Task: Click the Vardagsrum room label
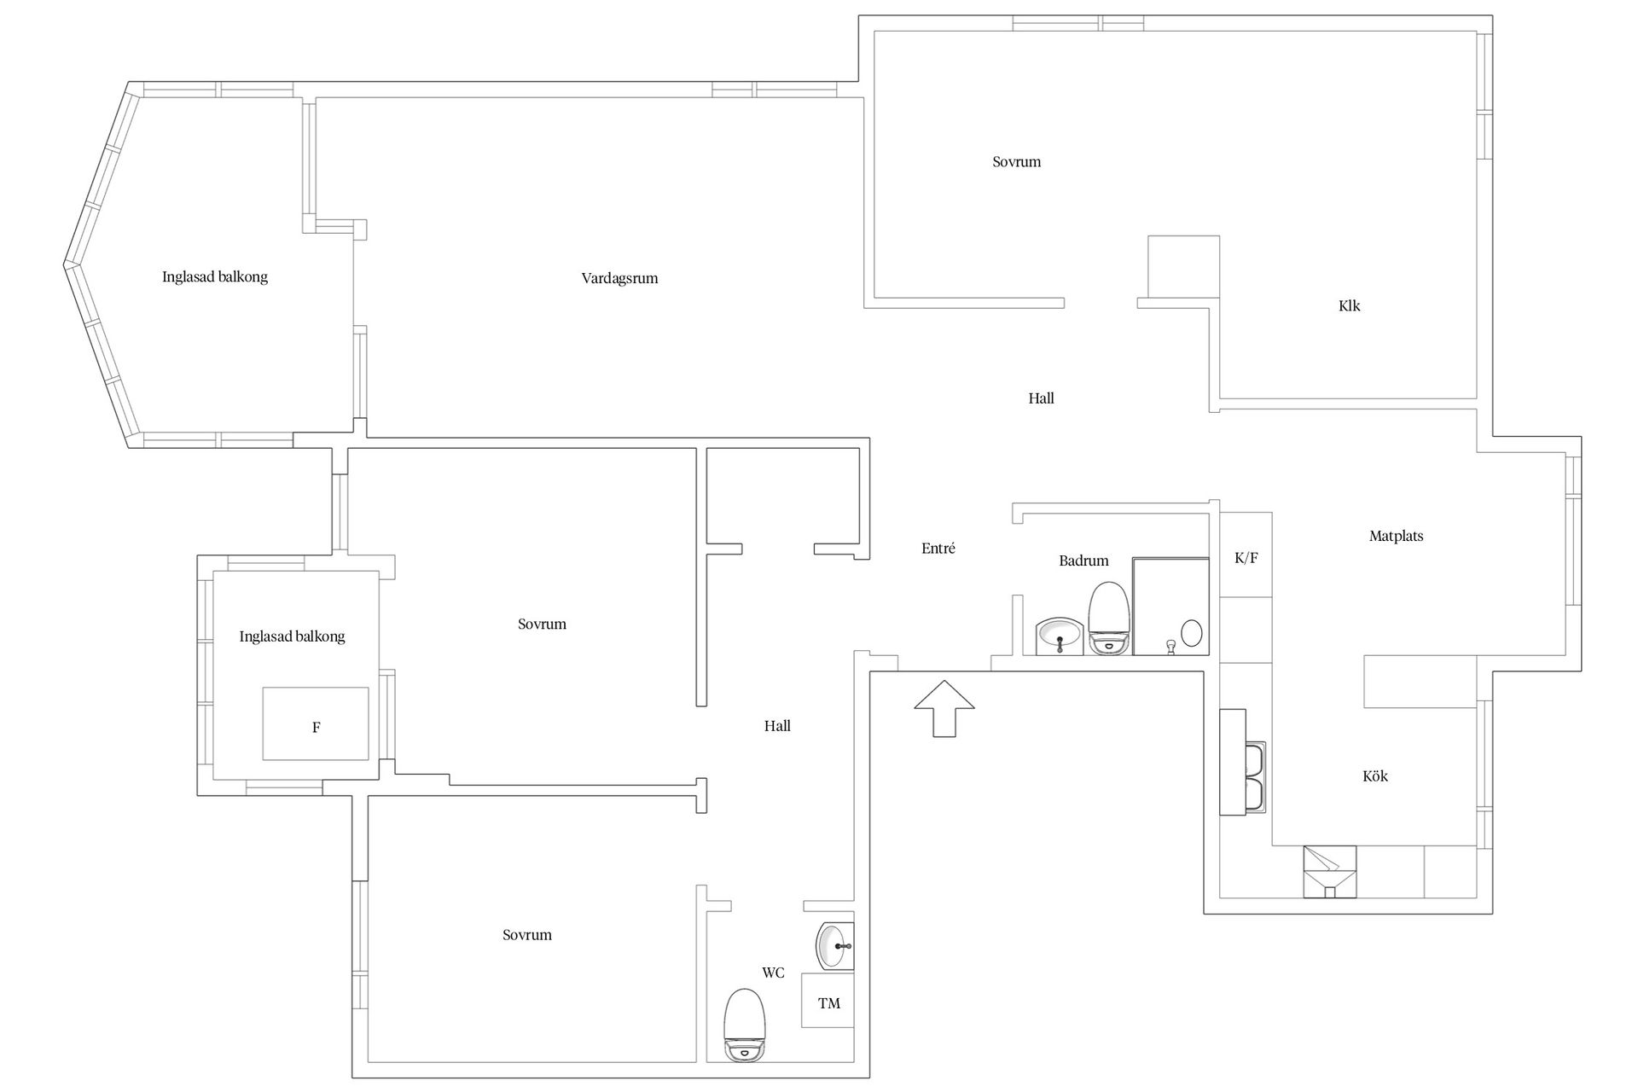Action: point(619,278)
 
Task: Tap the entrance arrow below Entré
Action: point(944,708)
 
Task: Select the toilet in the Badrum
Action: point(1109,618)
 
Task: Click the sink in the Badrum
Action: point(1060,636)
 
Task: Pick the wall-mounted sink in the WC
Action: point(835,945)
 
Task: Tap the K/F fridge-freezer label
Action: point(1246,558)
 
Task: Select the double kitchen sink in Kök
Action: point(1254,778)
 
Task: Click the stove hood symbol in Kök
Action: point(1329,871)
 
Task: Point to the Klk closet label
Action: point(1350,305)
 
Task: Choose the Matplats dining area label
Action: point(1396,536)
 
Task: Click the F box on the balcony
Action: point(316,723)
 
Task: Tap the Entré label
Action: point(938,549)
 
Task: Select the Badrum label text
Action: point(1083,561)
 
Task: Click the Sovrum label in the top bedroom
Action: point(1016,161)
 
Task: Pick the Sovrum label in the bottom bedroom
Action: point(527,935)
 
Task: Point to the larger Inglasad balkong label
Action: point(215,276)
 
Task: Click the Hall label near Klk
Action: point(1041,398)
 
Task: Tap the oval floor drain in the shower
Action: point(1191,633)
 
